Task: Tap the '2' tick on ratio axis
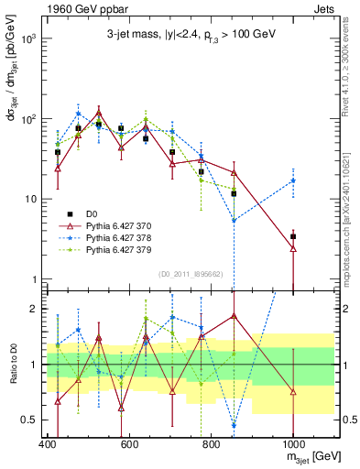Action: tap(32, 309)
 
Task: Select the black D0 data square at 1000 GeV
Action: tap(293, 236)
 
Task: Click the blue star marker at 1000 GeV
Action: tap(293, 180)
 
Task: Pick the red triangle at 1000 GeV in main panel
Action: tap(293, 248)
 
